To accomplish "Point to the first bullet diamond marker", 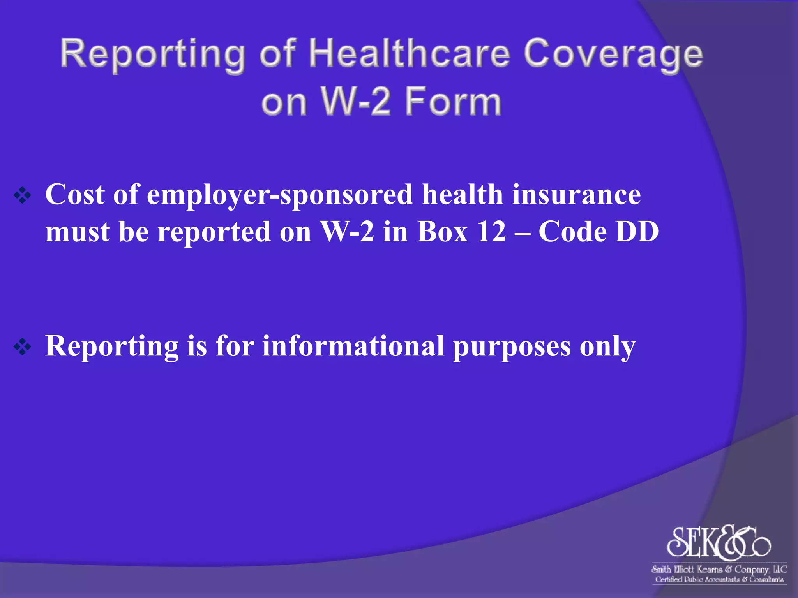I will pyautogui.click(x=22, y=196).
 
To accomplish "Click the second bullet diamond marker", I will pyautogui.click(x=22, y=346).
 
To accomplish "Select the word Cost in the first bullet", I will pyautogui.click(x=75, y=194).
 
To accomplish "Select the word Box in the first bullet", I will pyautogui.click(x=442, y=232).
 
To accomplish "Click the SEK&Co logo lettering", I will pyautogui.click(x=718, y=542).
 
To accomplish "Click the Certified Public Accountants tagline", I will pyautogui.click(x=719, y=580).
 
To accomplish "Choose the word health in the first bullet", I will pyautogui.click(x=463, y=194).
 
